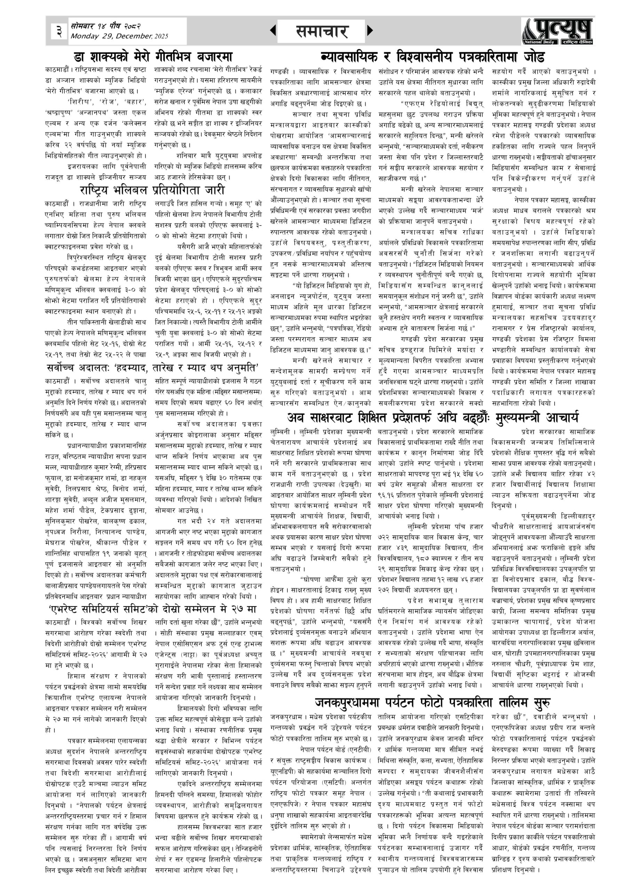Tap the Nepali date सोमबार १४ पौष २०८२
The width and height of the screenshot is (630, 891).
click(x=105, y=26)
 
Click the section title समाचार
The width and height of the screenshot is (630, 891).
click(x=321, y=31)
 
